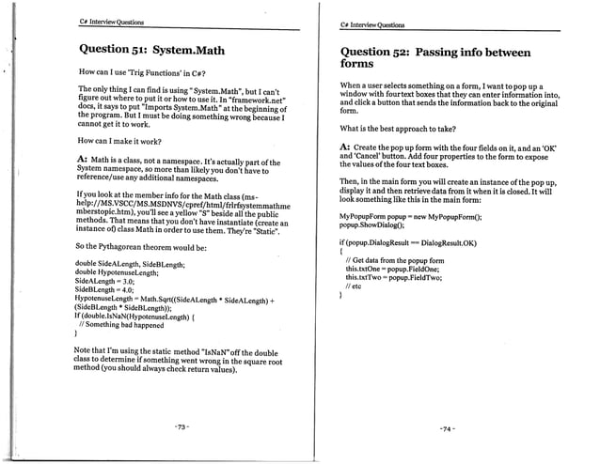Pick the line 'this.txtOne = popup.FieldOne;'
(x=393, y=269)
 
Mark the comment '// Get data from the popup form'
(x=396, y=259)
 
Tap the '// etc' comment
(x=356, y=287)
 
